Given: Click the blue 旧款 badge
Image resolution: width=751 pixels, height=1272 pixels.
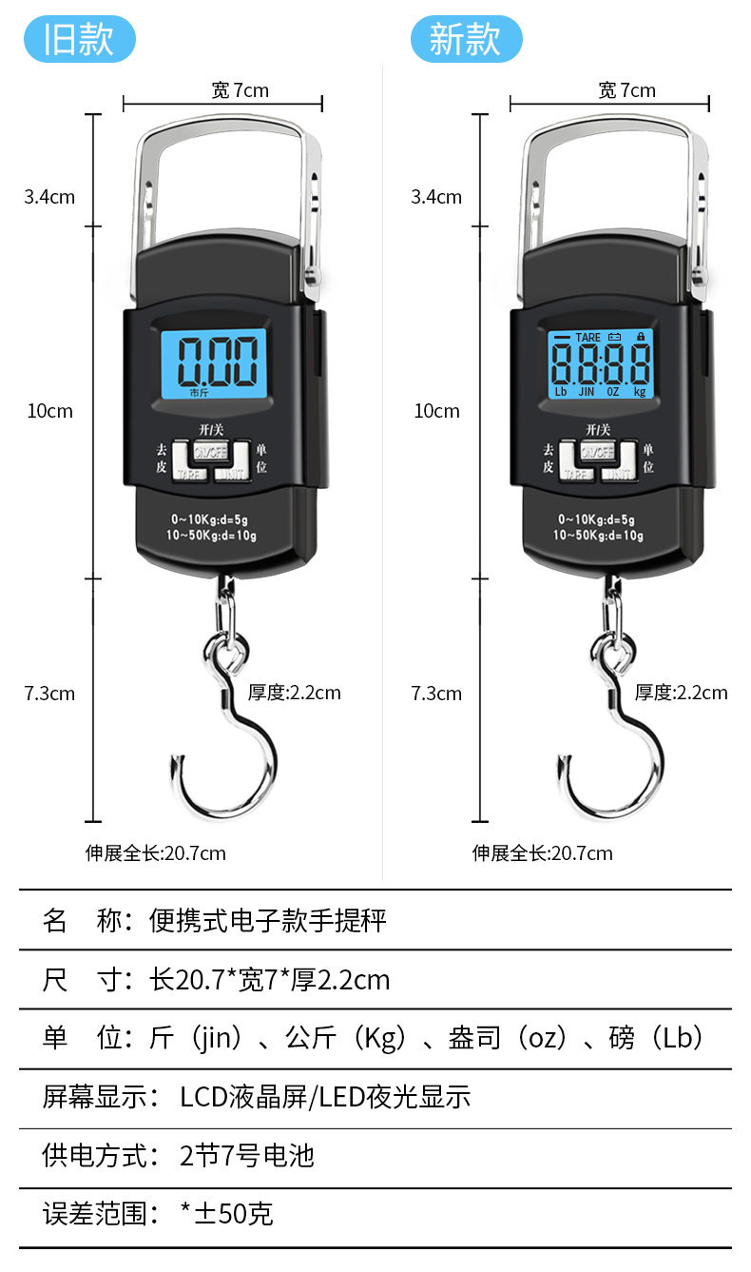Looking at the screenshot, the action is (x=80, y=40).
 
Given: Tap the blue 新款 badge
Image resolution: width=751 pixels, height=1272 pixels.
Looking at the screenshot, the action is (x=466, y=40).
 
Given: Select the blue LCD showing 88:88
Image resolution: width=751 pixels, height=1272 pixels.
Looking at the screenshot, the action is (x=601, y=364).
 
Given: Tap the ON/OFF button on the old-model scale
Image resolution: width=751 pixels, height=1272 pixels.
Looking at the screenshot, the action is (x=212, y=451).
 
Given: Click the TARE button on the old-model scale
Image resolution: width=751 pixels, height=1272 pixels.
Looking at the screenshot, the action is (x=192, y=472).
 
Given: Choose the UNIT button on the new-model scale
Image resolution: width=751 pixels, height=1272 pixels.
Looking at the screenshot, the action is (x=619, y=472).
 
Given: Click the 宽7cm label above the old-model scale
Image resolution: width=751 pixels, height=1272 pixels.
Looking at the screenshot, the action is (x=240, y=90).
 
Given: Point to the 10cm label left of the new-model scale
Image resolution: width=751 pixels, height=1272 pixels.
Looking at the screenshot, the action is (x=436, y=411).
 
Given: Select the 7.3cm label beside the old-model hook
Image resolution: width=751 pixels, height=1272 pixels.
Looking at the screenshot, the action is (x=49, y=694).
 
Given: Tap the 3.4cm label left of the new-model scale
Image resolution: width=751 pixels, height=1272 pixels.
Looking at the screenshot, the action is (x=436, y=197).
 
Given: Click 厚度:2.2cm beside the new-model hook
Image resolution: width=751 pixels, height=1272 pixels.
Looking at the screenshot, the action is (x=681, y=693).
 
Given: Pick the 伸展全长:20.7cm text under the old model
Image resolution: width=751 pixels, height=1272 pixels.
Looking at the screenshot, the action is (x=156, y=852).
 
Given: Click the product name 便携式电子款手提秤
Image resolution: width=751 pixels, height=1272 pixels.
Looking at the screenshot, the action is (x=268, y=920).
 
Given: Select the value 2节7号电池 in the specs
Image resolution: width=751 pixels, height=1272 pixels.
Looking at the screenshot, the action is (x=247, y=1156).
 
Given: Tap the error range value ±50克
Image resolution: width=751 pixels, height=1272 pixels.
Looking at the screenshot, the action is (x=227, y=1214).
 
